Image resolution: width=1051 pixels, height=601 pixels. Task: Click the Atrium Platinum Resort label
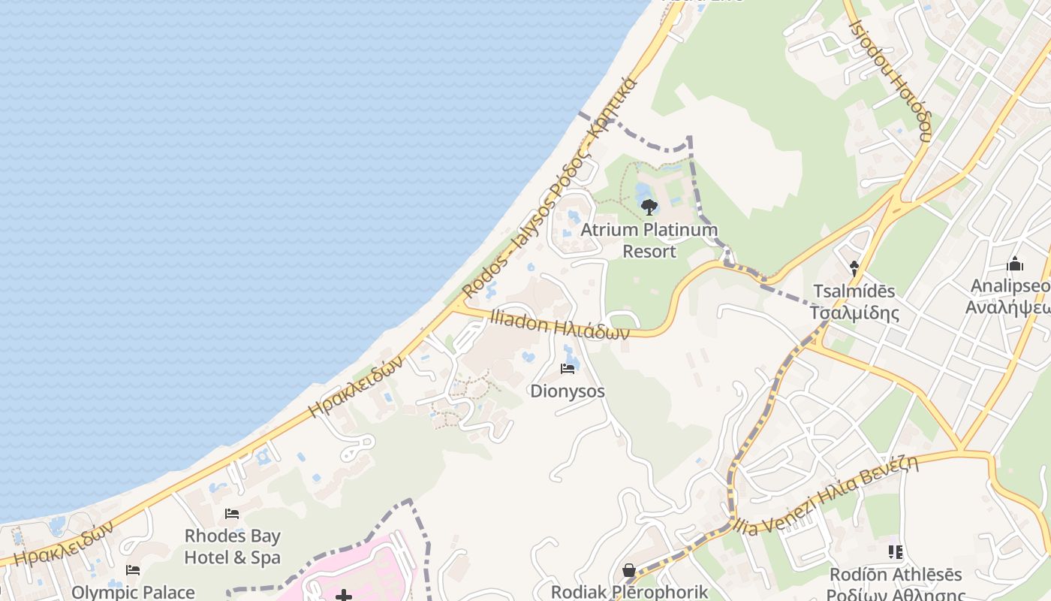(x=649, y=240)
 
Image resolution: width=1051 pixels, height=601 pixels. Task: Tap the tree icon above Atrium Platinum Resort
(x=649, y=207)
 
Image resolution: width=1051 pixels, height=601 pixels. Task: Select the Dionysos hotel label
(x=568, y=391)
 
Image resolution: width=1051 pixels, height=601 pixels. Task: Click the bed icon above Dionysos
(x=568, y=369)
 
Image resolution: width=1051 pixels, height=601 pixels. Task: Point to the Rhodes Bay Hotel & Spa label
(x=233, y=547)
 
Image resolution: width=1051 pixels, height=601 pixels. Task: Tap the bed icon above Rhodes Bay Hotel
(x=232, y=514)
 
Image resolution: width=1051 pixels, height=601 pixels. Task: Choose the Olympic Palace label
(x=133, y=592)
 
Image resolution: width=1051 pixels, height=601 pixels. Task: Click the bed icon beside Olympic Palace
(x=133, y=570)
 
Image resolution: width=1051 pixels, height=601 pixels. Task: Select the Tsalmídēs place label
(x=854, y=301)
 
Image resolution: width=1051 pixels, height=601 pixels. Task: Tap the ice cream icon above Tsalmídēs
(x=854, y=267)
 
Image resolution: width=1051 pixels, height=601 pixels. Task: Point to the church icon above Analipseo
(x=1015, y=264)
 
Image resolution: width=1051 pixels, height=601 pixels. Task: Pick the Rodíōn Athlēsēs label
(x=896, y=584)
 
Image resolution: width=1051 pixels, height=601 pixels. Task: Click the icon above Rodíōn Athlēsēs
(x=895, y=552)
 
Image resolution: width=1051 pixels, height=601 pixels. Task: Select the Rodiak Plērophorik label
(x=630, y=591)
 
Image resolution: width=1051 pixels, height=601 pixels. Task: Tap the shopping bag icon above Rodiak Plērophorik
(x=629, y=571)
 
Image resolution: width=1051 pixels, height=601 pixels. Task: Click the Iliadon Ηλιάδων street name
(x=559, y=324)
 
